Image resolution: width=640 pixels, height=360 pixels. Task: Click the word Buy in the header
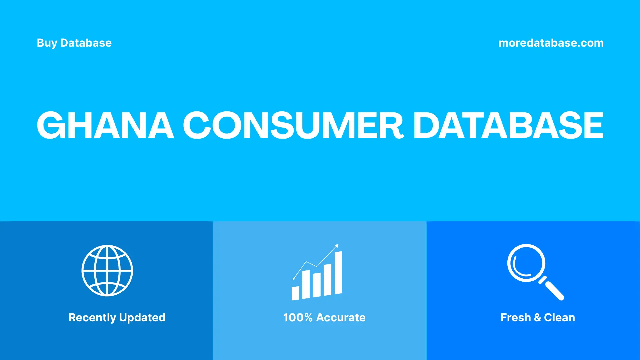pyautogui.click(x=47, y=43)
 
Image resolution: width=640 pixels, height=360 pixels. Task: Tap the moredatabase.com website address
pyautogui.click(x=551, y=43)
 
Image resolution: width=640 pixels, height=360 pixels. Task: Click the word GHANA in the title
pyautogui.click(x=105, y=125)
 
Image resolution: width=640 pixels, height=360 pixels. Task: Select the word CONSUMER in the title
pyautogui.click(x=293, y=125)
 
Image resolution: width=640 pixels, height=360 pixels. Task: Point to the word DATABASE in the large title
pyautogui.click(x=508, y=125)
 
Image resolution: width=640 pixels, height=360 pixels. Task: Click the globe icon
pyautogui.click(x=107, y=270)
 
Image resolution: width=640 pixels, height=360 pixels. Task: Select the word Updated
pyautogui.click(x=142, y=318)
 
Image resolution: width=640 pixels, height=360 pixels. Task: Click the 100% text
pyautogui.click(x=298, y=318)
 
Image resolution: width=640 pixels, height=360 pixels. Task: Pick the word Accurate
pyautogui.click(x=341, y=318)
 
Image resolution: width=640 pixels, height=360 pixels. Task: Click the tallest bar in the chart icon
pyautogui.click(x=338, y=273)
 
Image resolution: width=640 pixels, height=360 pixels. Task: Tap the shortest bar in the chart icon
pyautogui.click(x=295, y=293)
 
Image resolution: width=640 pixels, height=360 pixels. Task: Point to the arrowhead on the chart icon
pyautogui.click(x=337, y=246)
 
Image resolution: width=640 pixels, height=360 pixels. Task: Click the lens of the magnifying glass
pyautogui.click(x=526, y=263)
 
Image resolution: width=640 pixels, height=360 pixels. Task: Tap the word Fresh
pyautogui.click(x=515, y=318)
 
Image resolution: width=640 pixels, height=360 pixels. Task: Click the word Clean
pyautogui.click(x=559, y=318)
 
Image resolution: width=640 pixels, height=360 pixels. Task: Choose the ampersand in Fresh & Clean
pyautogui.click(x=537, y=318)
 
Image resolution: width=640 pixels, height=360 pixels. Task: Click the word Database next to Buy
pyautogui.click(x=86, y=43)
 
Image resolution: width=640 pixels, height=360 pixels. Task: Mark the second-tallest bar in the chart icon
pyautogui.click(x=328, y=280)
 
